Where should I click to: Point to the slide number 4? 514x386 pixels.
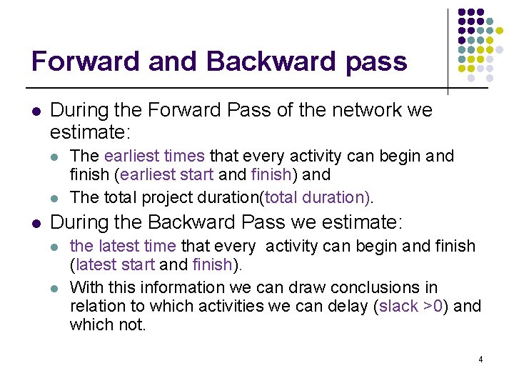pos(480,360)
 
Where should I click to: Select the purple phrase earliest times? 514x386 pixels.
pos(154,156)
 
